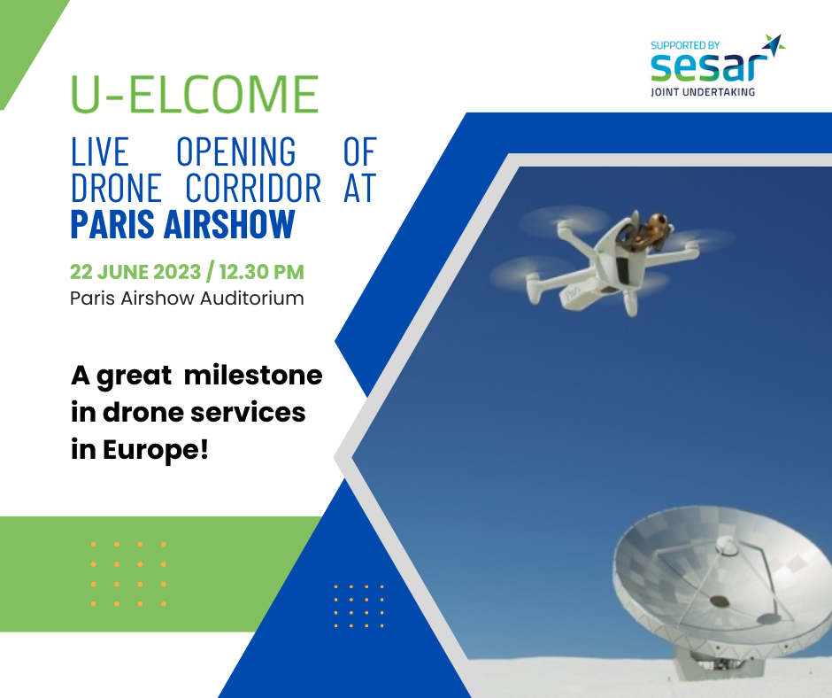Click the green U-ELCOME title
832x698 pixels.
pyautogui.click(x=195, y=94)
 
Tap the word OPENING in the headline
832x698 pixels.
pyautogui.click(x=236, y=151)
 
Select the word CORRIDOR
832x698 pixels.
pyautogui.click(x=253, y=188)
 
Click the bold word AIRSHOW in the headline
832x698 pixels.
pyautogui.click(x=229, y=223)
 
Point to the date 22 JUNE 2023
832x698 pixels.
pyautogui.click(x=135, y=272)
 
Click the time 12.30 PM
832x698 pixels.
pyautogui.click(x=262, y=272)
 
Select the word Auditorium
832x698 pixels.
pyautogui.click(x=252, y=298)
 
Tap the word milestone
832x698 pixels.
pyautogui.click(x=253, y=375)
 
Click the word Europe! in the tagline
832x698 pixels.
pyautogui.click(x=156, y=451)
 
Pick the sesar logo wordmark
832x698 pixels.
pyautogui.click(x=710, y=67)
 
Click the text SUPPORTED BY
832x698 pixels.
pyautogui.click(x=685, y=45)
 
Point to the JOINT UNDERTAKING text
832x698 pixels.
pyautogui.click(x=703, y=92)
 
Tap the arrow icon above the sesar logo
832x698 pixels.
pyautogui.click(x=774, y=44)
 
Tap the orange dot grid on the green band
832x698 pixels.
pyautogui.click(x=128, y=574)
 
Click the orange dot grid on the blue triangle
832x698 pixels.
pyautogui.click(x=358, y=606)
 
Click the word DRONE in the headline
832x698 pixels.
pyautogui.click(x=116, y=188)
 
